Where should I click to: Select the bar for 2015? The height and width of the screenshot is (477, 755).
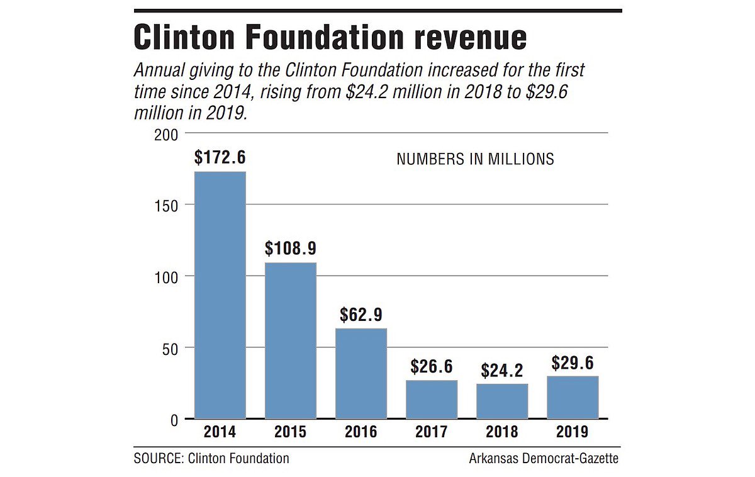[x=290, y=340]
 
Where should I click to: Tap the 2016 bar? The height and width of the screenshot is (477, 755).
[x=361, y=373]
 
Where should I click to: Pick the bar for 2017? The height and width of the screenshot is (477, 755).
[x=431, y=399]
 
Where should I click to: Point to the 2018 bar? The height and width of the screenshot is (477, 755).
[x=501, y=401]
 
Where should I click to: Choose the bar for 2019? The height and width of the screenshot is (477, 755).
[x=572, y=397]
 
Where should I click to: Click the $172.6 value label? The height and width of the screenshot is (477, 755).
[x=220, y=158]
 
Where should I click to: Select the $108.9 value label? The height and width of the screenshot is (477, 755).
[x=290, y=248]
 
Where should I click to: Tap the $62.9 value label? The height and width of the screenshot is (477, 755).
[x=361, y=314]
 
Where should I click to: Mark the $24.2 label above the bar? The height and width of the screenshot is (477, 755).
[x=501, y=370]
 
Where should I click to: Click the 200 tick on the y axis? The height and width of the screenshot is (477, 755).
[x=167, y=134]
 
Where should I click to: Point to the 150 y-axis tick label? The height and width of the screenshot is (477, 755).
[x=167, y=205]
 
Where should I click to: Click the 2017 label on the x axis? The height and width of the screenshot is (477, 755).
[x=431, y=432]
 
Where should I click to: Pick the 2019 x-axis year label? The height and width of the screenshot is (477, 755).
[x=572, y=432]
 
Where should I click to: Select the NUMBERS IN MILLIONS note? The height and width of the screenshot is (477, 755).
[x=475, y=159]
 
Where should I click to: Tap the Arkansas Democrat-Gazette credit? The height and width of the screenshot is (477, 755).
[x=544, y=458]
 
